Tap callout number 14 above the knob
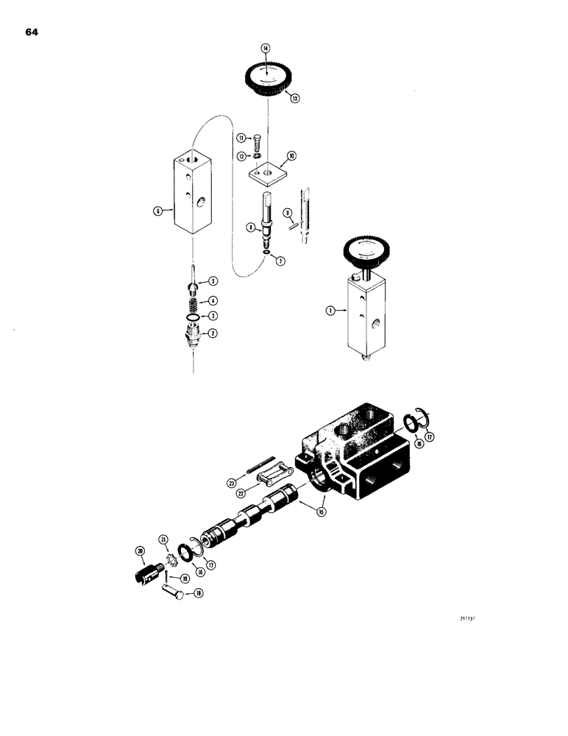pyautogui.click(x=266, y=49)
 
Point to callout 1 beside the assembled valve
pyautogui.click(x=331, y=311)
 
